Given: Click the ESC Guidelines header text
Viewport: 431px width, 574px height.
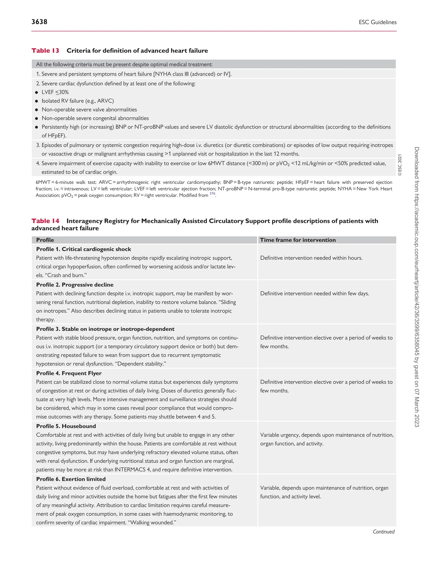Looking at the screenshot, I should pos(378,22).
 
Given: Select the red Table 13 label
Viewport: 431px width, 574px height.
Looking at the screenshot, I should pos(45,51).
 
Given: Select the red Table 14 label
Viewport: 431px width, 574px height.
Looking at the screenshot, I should pos(45,221).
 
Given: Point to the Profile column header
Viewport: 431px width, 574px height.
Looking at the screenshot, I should pos(45,240).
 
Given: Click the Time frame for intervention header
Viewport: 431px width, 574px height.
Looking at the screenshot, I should pos(298,240).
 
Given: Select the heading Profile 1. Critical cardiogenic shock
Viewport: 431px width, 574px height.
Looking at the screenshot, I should pos(83,249).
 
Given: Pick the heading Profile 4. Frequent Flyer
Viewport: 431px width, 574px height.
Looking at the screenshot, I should pos(69,373).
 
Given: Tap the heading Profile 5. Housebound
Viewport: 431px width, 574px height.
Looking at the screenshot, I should pos(66,426).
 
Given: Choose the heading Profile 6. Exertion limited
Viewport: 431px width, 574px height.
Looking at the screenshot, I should pos(71,479).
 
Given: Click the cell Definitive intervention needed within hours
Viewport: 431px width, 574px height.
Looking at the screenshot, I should pos(311,258).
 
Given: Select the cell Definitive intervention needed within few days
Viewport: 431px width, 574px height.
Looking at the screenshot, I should pos(314,293).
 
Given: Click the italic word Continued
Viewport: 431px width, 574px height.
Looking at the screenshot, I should pos(383,532).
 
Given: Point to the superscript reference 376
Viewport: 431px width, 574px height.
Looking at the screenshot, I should pos(212,194).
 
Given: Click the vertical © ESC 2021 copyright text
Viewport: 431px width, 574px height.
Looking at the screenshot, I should pos(400,165).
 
